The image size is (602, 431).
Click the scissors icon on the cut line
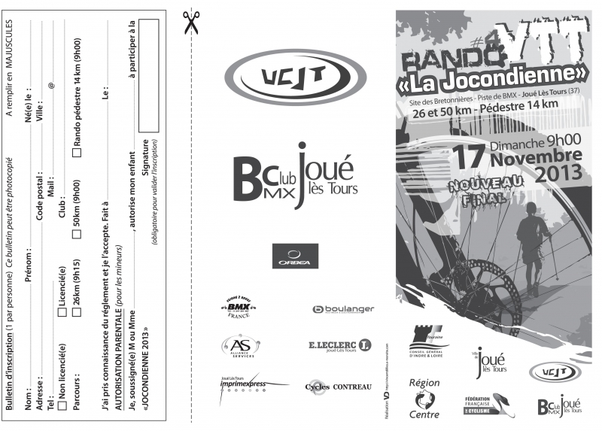click(191, 23)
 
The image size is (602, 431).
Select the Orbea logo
click(295, 256)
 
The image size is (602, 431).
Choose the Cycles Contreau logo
click(338, 387)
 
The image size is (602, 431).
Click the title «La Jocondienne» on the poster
click(494, 75)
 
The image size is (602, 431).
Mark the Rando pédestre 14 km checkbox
click(77, 150)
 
